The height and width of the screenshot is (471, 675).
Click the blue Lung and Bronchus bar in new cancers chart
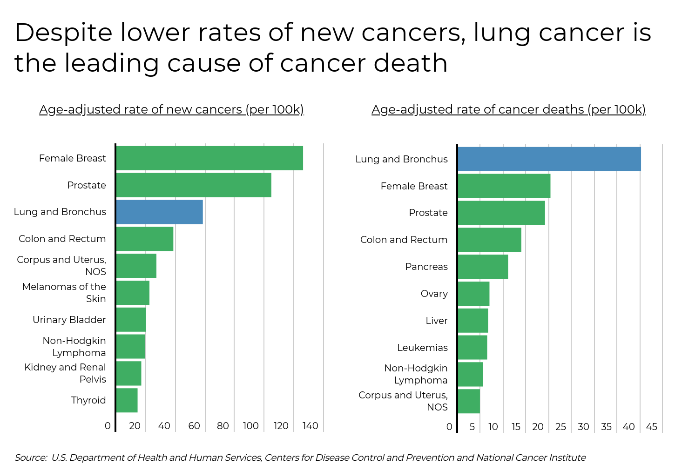[159, 212]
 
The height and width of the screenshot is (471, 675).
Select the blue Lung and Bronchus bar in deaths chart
[549, 159]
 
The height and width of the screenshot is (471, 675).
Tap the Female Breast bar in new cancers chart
[209, 158]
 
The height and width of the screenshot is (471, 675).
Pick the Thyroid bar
[127, 400]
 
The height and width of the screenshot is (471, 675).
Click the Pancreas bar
[483, 267]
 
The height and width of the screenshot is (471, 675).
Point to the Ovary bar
[473, 294]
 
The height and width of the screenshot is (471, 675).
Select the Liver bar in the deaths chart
[473, 321]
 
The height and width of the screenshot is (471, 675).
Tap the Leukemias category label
[422, 348]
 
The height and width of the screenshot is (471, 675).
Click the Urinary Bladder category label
[69, 320]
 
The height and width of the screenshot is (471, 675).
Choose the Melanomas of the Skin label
[64, 293]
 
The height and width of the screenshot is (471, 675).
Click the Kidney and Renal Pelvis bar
[128, 373]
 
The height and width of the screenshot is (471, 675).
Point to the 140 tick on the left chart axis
[310, 426]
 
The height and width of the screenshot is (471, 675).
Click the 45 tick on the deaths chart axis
[652, 427]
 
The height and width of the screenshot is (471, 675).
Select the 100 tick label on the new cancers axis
[251, 426]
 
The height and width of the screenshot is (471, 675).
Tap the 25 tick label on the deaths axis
[561, 427]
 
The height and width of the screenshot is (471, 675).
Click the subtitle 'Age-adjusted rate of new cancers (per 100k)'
[171, 109]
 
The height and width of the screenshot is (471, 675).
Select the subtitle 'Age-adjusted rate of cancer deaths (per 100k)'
[508, 109]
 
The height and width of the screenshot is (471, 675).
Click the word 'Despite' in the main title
[63, 33]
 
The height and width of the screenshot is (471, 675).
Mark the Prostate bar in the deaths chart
[501, 213]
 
